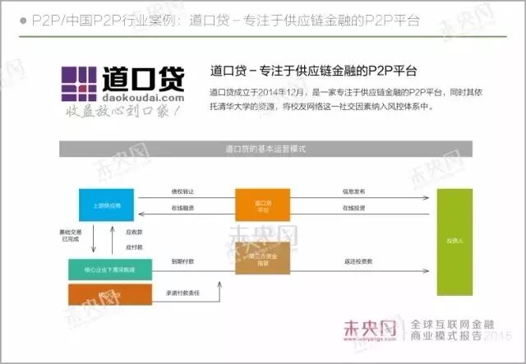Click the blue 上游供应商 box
[106, 205]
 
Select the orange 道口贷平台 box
[262, 205]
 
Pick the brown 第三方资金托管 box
[262, 258]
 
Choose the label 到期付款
[183, 261]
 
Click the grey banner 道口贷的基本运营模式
[264, 149]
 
